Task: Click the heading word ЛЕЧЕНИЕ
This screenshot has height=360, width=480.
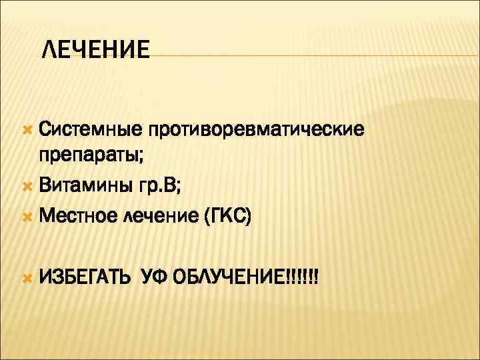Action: (95, 50)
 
